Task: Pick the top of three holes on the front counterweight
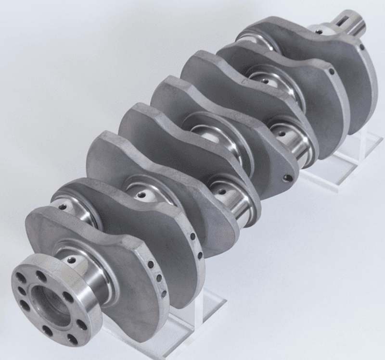192,237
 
